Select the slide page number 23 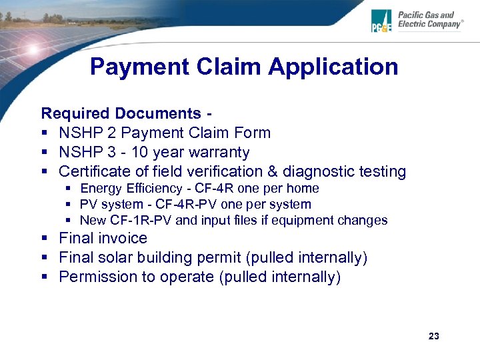[x=434, y=336]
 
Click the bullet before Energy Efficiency [x=69, y=189]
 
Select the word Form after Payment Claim [x=255, y=133]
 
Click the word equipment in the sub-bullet [x=305, y=220]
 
